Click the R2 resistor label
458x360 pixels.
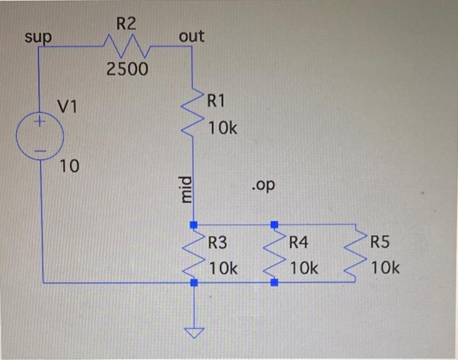127,25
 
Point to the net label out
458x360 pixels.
191,37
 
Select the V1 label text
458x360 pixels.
67,106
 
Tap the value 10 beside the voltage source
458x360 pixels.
69,166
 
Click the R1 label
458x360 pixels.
216,101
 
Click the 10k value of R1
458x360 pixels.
223,129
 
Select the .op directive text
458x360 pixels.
263,186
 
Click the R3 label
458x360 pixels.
217,243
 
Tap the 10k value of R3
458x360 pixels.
223,268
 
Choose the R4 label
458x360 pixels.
298,243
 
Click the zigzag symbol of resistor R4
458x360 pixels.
274,253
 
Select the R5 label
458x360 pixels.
379,243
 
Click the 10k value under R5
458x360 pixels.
385,268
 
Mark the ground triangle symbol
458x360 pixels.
193,334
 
